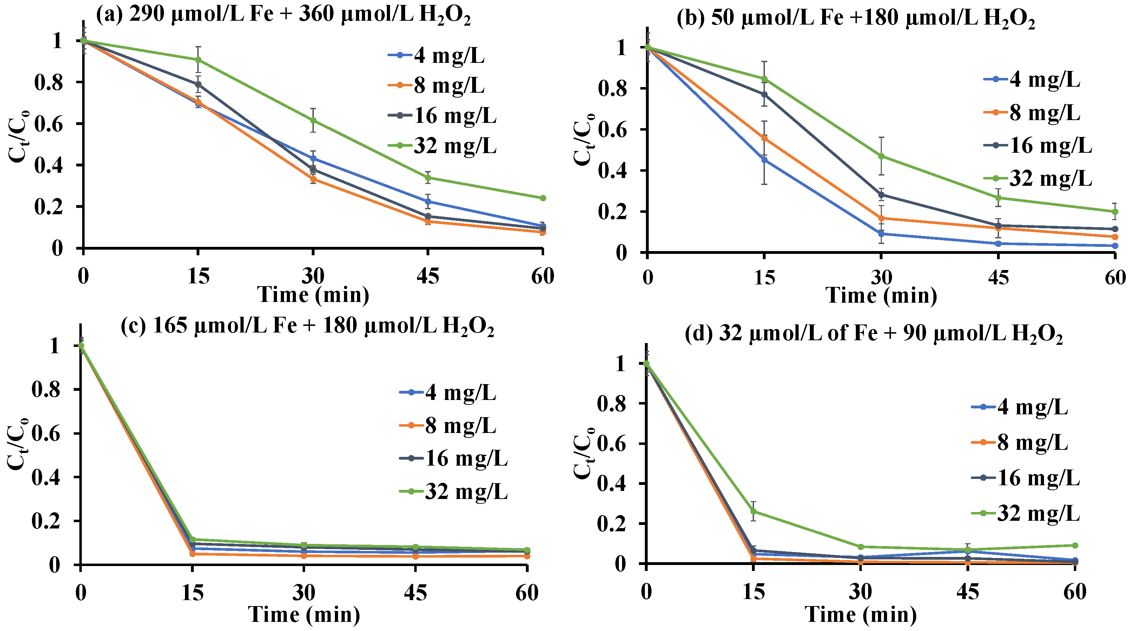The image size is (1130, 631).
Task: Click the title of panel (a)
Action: coord(283,15)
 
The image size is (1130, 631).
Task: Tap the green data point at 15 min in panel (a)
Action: coord(198,59)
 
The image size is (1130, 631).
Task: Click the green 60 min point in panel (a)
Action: coord(543,198)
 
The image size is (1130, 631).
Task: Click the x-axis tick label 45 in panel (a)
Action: coord(428,276)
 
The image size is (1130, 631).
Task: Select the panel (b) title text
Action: coord(855,20)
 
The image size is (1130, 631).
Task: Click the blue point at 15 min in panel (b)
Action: coord(764,160)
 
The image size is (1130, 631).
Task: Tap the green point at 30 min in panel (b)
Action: coord(881,156)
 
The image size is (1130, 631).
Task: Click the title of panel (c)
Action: coord(307,327)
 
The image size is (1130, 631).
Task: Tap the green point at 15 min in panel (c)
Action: coord(192,539)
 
